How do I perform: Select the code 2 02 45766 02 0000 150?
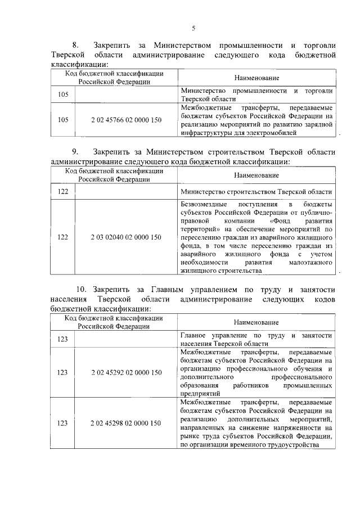pos(125,119)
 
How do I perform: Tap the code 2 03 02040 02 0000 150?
pos(125,237)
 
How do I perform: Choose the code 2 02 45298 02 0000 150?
pos(125,423)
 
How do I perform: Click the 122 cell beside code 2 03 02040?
pos(63,237)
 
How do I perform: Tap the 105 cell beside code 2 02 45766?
pos(63,119)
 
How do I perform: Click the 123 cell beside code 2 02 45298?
pos(63,423)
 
